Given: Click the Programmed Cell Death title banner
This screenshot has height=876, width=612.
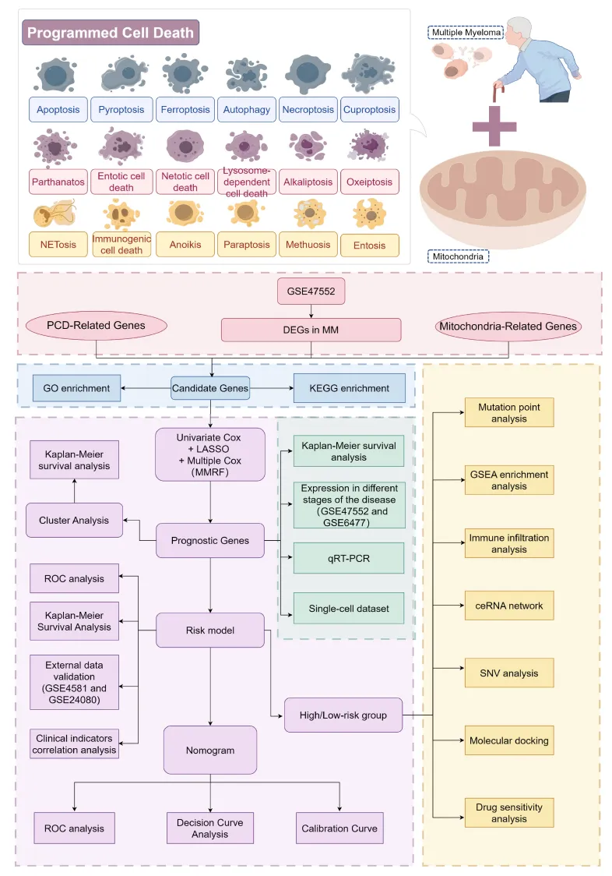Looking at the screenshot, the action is pos(111,33).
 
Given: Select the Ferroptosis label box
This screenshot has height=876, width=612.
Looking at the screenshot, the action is pos(185,109).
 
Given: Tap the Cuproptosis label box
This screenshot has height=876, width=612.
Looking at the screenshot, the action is pos(370,109).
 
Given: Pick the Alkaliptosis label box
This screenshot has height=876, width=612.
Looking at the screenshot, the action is pos(308,182).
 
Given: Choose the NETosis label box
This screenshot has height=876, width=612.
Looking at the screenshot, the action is pos(58,244).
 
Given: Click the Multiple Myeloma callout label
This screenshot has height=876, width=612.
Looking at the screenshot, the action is pos(466,33).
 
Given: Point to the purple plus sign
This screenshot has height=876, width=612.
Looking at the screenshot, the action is pos(494,125).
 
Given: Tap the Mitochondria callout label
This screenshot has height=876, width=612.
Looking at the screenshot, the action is pos(458,256).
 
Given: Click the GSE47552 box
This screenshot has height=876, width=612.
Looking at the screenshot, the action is pos(311,291).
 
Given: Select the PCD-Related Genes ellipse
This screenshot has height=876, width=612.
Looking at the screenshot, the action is pos(96,326).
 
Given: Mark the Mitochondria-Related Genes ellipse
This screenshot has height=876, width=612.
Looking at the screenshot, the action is pos(508,327).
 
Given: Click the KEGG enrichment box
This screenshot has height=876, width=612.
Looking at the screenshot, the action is pos(350,388).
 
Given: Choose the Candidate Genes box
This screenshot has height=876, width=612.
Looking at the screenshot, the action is pos(210,388).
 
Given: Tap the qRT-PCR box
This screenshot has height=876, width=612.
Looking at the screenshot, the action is pos(349,558).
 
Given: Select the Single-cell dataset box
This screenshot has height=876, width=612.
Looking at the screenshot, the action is pos(349,609).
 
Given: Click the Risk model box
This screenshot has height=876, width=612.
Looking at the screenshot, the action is pos(210,631).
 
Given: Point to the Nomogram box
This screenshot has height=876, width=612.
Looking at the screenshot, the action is pos(210,751).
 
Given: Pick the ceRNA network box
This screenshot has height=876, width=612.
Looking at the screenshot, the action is pos(509,606).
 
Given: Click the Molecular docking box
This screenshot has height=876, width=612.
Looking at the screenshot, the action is pos(509,741).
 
